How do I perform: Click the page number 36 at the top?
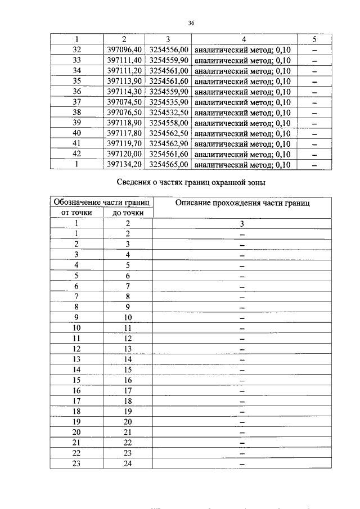[191, 23]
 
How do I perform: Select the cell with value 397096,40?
[124, 50]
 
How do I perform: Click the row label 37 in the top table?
[78, 102]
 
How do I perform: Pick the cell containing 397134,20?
[124, 164]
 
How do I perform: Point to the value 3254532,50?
[168, 112]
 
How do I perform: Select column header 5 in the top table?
[314, 39]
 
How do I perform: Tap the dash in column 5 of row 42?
[314, 154]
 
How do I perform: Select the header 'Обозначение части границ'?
[101, 202]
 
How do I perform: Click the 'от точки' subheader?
[76, 213]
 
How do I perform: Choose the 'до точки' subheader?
[128, 213]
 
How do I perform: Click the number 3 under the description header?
[242, 223]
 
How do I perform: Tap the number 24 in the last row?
[128, 463]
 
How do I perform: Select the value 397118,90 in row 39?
[124, 123]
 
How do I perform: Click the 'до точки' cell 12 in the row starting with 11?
[128, 338]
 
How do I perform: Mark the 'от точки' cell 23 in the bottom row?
[76, 463]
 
